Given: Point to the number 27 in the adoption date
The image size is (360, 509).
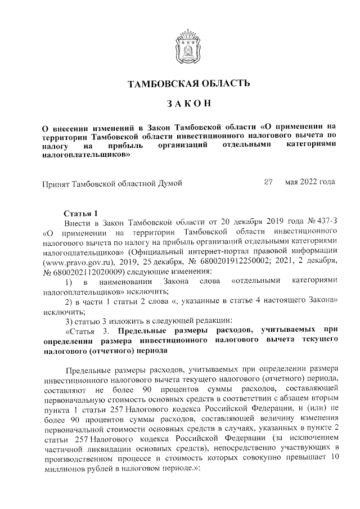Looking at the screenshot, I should tap(268, 182).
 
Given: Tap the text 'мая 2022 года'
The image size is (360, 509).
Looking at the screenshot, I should tap(310, 182).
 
